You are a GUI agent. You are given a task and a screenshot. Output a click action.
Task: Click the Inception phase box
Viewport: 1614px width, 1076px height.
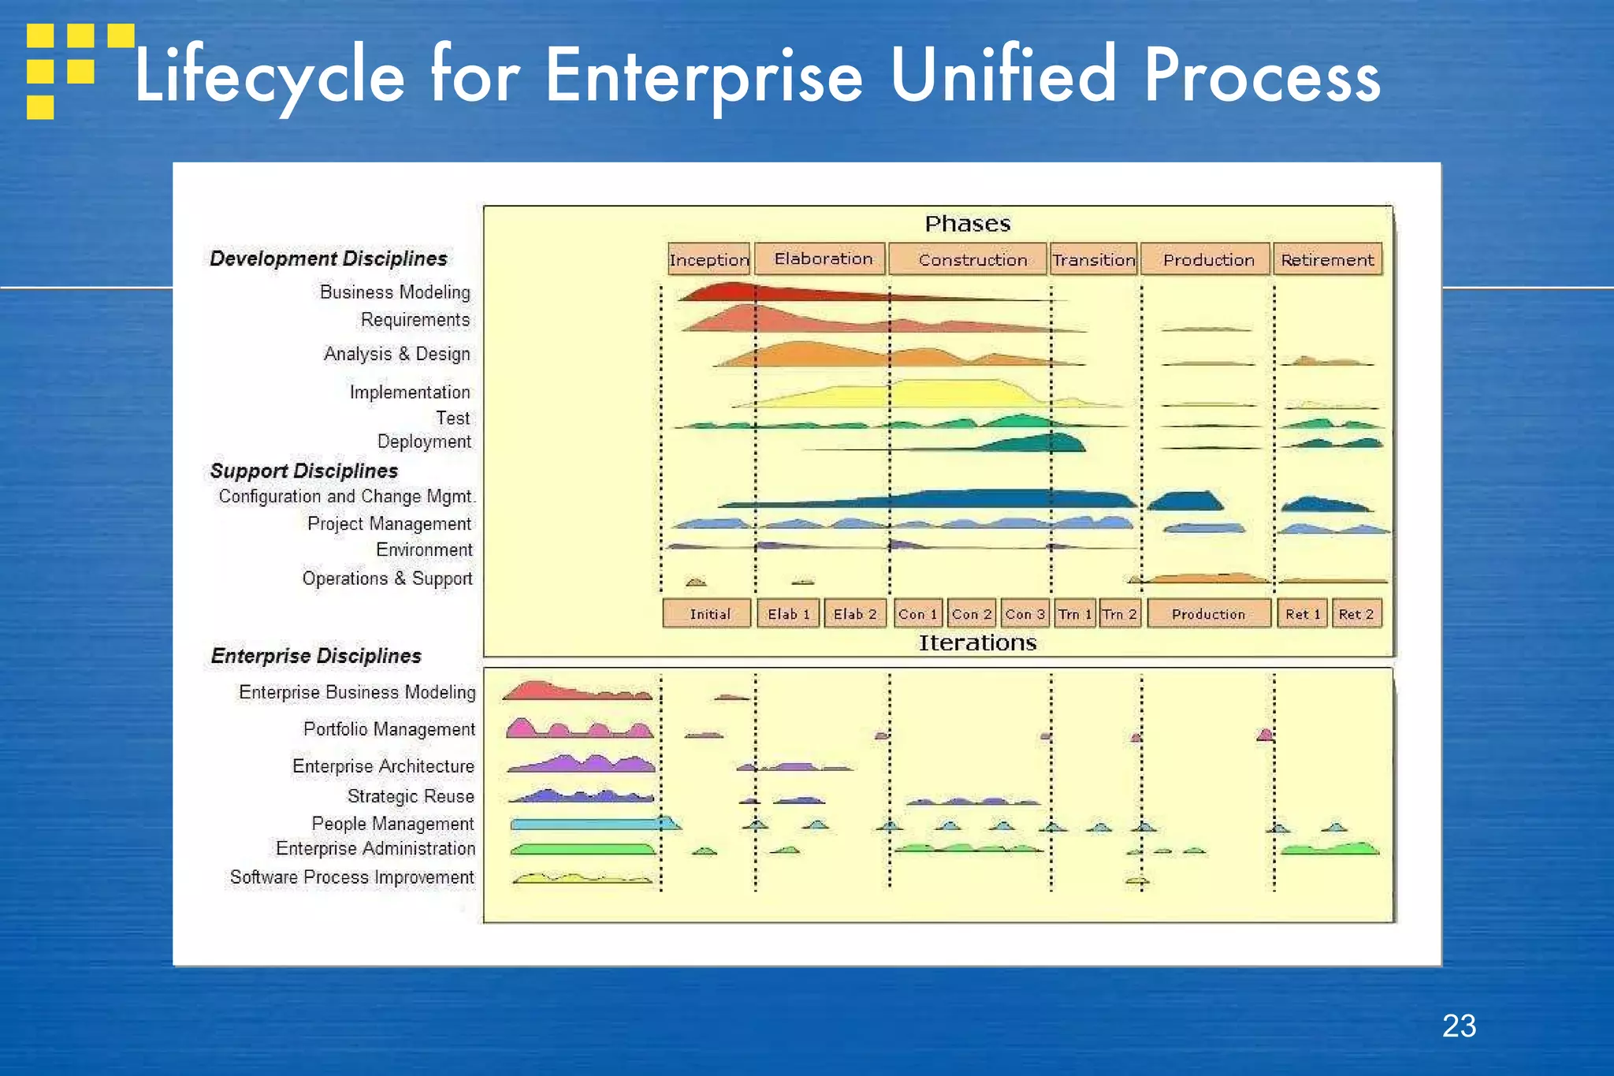coord(708,259)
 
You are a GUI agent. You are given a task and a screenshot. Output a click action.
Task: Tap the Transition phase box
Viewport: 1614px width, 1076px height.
coord(1093,259)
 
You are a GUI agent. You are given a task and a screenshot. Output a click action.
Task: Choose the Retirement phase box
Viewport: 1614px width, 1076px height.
coord(1327,259)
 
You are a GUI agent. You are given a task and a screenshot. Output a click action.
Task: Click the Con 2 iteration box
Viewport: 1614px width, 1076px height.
coord(971,613)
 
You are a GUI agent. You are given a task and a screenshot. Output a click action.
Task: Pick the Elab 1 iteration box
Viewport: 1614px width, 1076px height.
coord(788,613)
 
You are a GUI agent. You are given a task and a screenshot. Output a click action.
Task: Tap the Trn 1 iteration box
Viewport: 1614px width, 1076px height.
coord(1074,613)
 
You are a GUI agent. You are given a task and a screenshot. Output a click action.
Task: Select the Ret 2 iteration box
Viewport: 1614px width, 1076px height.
coord(1356,613)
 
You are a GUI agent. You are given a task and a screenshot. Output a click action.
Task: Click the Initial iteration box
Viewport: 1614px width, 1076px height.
coord(708,613)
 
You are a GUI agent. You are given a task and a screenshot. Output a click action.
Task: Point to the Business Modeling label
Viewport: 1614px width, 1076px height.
coord(395,292)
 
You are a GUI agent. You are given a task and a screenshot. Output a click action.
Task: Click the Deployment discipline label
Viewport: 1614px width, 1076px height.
coord(424,441)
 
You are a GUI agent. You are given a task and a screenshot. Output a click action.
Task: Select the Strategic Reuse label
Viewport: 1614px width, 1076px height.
coord(411,796)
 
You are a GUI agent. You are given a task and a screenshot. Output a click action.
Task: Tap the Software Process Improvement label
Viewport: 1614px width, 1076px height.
coord(351,877)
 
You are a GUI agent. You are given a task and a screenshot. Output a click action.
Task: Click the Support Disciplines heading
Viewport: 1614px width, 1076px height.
coord(304,471)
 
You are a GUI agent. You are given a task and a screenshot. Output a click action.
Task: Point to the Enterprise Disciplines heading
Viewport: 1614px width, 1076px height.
coord(316,656)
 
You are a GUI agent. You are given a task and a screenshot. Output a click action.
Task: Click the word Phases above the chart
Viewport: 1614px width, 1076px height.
coord(967,224)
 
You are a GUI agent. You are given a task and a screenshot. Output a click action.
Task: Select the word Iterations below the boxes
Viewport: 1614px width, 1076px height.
coord(977,643)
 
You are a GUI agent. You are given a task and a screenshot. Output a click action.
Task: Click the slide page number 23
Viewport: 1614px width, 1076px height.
coord(1459,1026)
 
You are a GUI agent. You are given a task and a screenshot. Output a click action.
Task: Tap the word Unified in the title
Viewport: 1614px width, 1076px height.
coord(1003,76)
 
